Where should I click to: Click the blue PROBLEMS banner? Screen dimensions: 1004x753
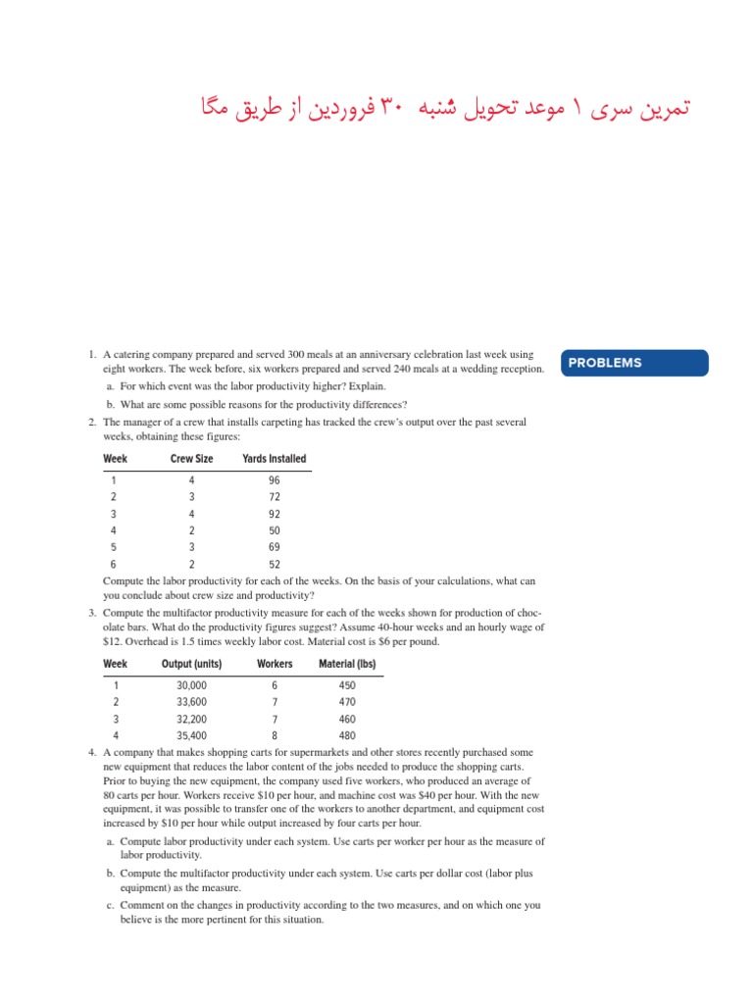(x=635, y=363)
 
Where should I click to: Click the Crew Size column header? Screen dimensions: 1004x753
(x=192, y=459)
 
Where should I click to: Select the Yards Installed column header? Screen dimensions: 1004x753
(x=274, y=459)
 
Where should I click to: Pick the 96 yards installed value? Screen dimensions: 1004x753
(x=274, y=480)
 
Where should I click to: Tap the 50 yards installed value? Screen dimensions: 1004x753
(x=274, y=530)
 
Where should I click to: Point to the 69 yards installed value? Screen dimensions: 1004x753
(x=274, y=547)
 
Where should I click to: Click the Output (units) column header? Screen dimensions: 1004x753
(x=191, y=664)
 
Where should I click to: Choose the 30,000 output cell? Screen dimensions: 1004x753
(x=191, y=686)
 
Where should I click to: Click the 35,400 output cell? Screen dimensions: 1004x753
(x=191, y=735)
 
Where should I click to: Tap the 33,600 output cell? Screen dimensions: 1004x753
(x=191, y=702)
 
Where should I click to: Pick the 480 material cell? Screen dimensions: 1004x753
(x=347, y=735)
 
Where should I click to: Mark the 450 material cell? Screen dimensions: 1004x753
(x=347, y=686)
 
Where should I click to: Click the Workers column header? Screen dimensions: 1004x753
(x=275, y=664)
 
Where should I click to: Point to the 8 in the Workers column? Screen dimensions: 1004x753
(x=275, y=735)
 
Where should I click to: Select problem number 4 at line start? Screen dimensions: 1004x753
(x=89, y=752)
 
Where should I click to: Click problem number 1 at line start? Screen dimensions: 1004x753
(x=89, y=353)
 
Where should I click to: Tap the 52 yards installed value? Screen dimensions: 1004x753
(x=274, y=564)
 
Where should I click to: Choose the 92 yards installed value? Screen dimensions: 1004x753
(x=274, y=514)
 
